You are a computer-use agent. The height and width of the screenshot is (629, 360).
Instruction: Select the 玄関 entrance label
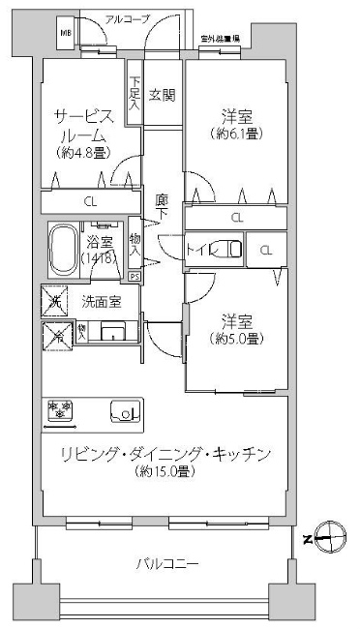[162, 95]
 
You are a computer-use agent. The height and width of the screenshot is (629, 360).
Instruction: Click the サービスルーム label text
[87, 125]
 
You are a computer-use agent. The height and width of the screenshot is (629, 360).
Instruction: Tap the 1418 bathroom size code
[99, 259]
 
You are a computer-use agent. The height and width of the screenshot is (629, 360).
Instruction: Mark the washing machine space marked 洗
[53, 302]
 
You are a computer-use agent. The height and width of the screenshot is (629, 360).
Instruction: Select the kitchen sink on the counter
[126, 411]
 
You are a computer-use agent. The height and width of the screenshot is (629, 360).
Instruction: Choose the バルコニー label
[166, 562]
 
